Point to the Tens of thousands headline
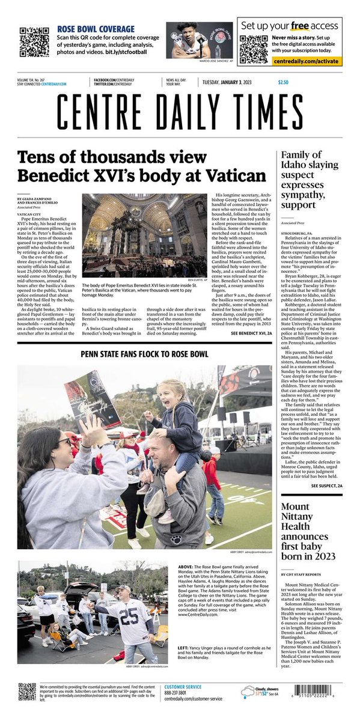[141, 167]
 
